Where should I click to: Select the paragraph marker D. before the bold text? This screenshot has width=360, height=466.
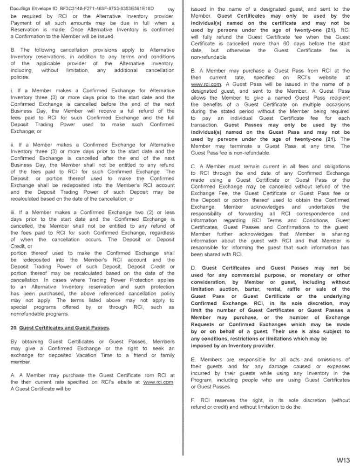point(194,268)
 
